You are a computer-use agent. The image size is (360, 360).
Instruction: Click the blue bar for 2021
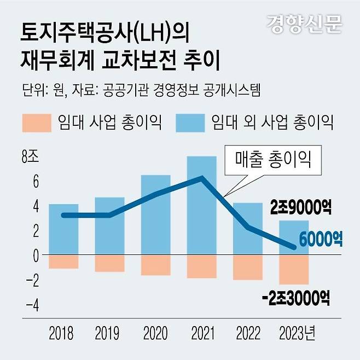pos(201,219)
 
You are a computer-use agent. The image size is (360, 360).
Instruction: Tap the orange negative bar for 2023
pos(294,269)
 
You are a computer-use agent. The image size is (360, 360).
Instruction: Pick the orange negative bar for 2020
pos(155,265)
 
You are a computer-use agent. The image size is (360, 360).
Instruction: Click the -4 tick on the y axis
pos(31,305)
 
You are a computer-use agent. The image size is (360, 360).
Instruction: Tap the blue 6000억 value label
pos(321,239)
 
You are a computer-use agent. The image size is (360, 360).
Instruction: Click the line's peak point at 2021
pos(202,177)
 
